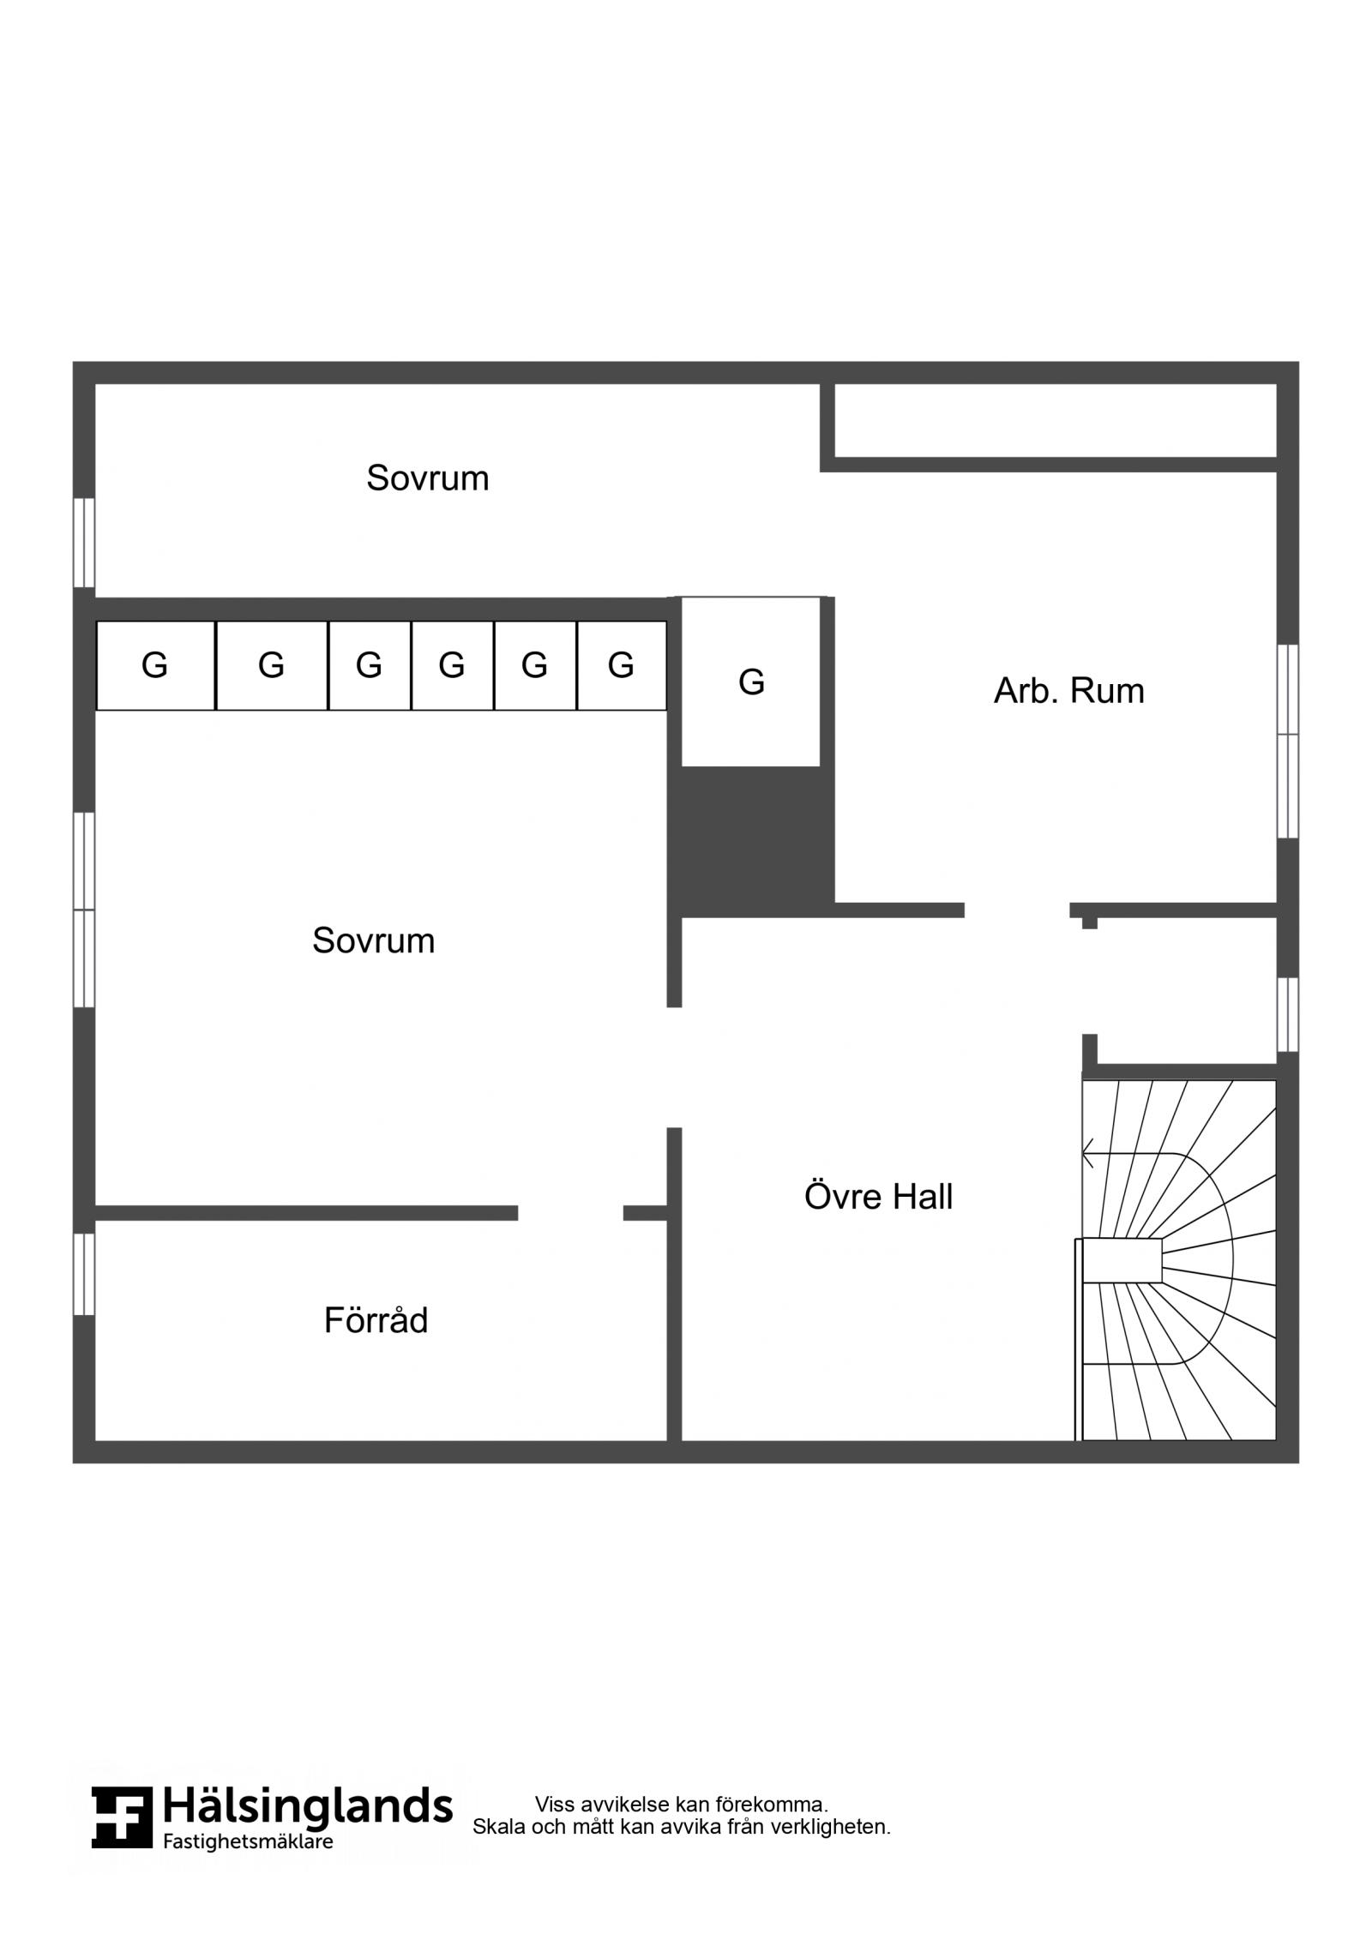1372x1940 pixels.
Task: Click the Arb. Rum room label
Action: point(1068,691)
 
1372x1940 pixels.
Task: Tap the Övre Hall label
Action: point(878,1197)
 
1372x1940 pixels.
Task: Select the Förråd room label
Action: point(376,1320)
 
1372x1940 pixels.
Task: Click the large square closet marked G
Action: point(750,682)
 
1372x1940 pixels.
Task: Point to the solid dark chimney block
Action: point(751,842)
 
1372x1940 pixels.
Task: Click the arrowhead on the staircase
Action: point(1088,1153)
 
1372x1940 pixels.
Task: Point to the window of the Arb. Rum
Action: point(1287,741)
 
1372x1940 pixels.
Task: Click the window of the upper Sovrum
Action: point(84,543)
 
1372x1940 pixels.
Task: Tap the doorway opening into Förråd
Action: point(570,1212)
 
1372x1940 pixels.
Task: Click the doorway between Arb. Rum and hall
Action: point(1017,910)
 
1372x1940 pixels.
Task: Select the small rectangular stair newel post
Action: point(1122,1260)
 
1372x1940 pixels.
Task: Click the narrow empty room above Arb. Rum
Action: point(1056,420)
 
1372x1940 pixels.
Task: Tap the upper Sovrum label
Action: point(427,477)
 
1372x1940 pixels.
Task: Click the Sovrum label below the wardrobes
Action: point(373,940)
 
